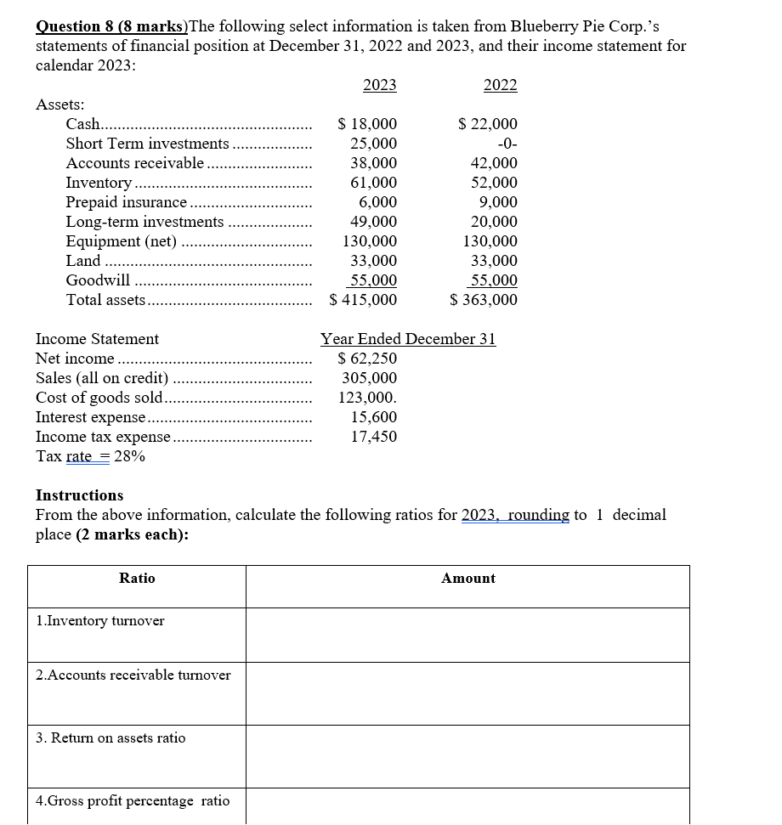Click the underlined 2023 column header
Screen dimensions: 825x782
click(379, 84)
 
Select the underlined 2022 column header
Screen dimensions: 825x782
click(500, 84)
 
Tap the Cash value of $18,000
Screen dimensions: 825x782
click(367, 124)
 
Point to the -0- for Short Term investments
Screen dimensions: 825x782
click(507, 144)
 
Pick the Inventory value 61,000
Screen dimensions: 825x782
click(373, 183)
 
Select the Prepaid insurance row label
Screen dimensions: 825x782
click(127, 202)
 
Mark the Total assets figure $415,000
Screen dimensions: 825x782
click(363, 300)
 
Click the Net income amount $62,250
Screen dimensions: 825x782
click(367, 359)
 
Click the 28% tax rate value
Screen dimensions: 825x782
click(129, 456)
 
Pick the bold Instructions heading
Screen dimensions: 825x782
click(79, 495)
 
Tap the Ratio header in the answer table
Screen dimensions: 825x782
click(137, 579)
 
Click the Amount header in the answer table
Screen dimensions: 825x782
click(467, 579)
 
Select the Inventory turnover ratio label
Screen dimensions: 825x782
click(101, 621)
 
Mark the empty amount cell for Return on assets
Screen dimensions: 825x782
click(467, 754)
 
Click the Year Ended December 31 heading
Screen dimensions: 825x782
click(408, 339)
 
